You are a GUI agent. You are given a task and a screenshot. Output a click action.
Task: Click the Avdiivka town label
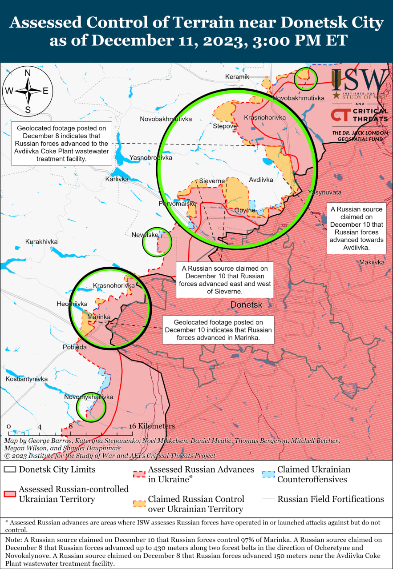pos(260,180)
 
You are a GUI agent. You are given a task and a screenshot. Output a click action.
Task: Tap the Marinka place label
pos(98,317)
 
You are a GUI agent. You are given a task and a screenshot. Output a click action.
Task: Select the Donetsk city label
pos(246,305)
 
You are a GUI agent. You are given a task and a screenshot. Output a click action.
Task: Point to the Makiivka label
pos(372,262)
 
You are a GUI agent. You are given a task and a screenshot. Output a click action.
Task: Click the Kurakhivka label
pos(41,241)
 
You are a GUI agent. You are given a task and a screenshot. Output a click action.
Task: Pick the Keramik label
pos(237,77)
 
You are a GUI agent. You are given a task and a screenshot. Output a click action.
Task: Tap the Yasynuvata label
pos(324,192)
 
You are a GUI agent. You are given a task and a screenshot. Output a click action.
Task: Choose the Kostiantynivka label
pos(26,379)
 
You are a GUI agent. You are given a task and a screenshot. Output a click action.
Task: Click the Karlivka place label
pos(117,179)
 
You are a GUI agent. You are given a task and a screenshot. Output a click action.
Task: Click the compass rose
pos(28,91)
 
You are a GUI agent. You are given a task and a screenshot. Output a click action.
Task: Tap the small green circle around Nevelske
pos(157,242)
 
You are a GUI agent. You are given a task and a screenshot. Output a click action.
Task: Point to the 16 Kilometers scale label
pos(153,426)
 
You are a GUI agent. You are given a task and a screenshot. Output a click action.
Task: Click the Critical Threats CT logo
pos(340,115)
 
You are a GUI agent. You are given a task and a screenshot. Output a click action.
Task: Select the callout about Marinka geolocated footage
pos(218,330)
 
